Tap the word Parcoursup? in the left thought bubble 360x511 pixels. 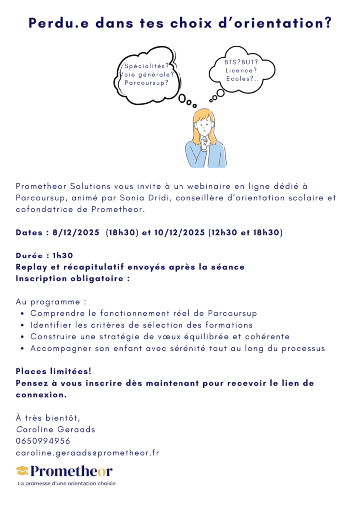pos(146,83)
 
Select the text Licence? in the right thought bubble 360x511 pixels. pos(241,71)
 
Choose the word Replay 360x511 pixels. pos(31,267)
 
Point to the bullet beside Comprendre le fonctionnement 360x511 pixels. pos(23,314)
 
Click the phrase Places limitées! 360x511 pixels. pos(53,372)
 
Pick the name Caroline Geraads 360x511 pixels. pos(56,429)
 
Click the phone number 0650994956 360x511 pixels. pos(43,441)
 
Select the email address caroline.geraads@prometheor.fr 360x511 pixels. pos(87,453)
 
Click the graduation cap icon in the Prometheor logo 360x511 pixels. pos(22,471)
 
